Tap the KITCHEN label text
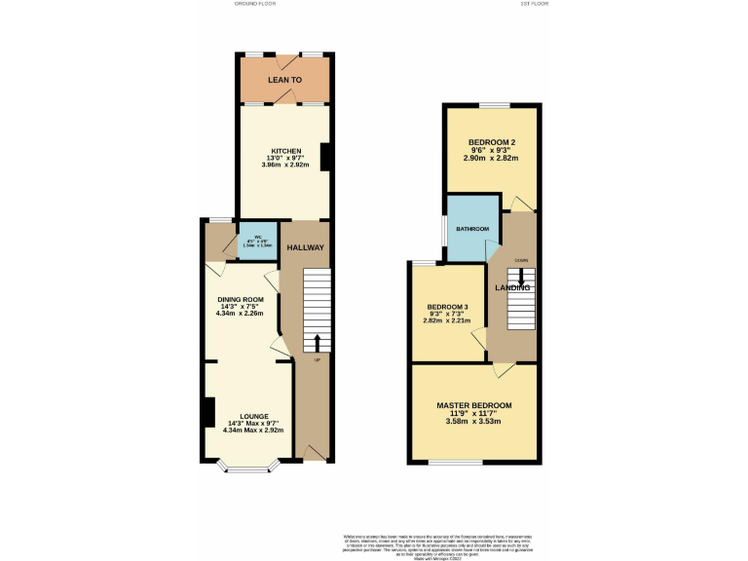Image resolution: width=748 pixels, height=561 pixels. tap(285, 151)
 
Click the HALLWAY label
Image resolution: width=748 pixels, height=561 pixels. tap(313, 247)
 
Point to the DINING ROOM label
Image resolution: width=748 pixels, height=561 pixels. tap(241, 299)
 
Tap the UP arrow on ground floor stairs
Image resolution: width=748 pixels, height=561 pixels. tap(317, 342)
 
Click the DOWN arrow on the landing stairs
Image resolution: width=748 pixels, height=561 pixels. tap(521, 276)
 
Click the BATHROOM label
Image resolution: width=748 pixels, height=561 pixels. tap(472, 229)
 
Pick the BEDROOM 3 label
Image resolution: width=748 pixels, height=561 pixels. tap(447, 307)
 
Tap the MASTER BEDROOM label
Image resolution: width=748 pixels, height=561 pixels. tap(473, 405)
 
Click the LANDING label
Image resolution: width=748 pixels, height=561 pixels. tap(512, 287)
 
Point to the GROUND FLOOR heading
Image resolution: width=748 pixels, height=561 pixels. tap(255, 4)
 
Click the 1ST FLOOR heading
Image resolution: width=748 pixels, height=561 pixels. tap(535, 4)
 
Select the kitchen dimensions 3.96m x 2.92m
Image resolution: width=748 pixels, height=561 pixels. tap(285, 165)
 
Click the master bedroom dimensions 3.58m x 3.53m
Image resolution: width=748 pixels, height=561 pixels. tap(473, 421)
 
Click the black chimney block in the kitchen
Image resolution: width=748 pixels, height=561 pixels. tap(326, 158)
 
